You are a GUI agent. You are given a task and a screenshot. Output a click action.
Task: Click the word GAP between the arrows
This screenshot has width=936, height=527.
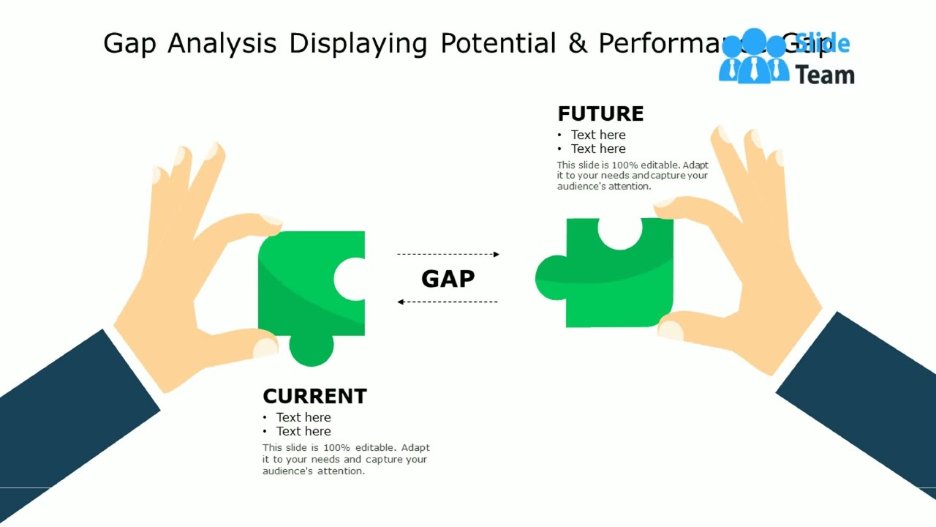(448, 279)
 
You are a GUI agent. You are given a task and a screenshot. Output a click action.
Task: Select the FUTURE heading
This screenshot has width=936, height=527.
(600, 114)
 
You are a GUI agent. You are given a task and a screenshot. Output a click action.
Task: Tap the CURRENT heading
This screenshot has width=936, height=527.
(314, 396)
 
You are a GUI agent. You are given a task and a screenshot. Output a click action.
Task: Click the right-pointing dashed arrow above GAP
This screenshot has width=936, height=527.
(448, 254)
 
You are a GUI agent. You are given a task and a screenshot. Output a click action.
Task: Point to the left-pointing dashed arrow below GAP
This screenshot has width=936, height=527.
(448, 302)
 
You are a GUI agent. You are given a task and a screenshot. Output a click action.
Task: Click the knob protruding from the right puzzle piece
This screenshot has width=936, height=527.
(550, 277)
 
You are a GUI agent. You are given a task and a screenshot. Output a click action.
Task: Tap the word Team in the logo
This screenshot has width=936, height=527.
(824, 75)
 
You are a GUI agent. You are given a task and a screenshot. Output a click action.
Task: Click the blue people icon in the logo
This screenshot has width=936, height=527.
(754, 57)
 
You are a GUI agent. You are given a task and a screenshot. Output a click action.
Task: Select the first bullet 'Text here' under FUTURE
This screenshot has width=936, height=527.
(597, 135)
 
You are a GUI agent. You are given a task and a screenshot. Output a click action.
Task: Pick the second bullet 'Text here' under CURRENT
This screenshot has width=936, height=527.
(303, 431)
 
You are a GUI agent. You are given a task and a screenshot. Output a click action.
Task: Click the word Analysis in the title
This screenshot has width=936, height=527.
(222, 44)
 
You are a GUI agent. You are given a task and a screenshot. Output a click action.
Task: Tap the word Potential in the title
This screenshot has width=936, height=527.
(498, 44)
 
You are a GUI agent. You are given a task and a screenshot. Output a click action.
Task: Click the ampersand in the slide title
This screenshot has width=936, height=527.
(577, 44)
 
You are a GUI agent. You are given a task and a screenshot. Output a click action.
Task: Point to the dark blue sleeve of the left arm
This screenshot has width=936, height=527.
(66, 425)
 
